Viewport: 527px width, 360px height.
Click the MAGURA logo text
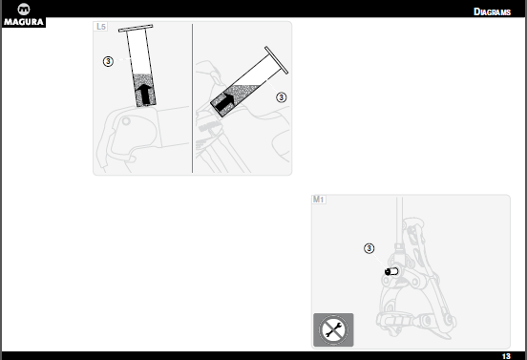click(24, 22)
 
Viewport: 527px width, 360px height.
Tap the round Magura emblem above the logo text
click(24, 10)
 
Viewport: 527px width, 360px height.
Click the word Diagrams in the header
click(492, 11)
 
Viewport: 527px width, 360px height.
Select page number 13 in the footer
click(506, 356)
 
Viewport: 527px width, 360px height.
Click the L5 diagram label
click(101, 26)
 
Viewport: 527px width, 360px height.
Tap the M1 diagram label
click(318, 200)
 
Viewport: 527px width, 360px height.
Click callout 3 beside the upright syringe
click(108, 61)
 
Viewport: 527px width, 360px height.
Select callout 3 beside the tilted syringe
click(282, 97)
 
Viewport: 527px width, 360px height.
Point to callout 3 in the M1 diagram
click(369, 248)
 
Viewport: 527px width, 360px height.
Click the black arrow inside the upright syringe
click(144, 94)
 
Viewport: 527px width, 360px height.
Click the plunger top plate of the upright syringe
click(136, 29)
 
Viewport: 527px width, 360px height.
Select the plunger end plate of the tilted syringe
click(276, 60)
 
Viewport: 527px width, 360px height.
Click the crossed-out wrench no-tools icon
click(333, 329)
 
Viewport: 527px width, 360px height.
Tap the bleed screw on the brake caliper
click(391, 271)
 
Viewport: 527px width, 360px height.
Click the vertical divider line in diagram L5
click(192, 98)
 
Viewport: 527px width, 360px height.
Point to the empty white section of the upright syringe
click(138, 53)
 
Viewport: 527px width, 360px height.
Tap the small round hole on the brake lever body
click(126, 121)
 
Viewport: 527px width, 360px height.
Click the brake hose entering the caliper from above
click(399, 222)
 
